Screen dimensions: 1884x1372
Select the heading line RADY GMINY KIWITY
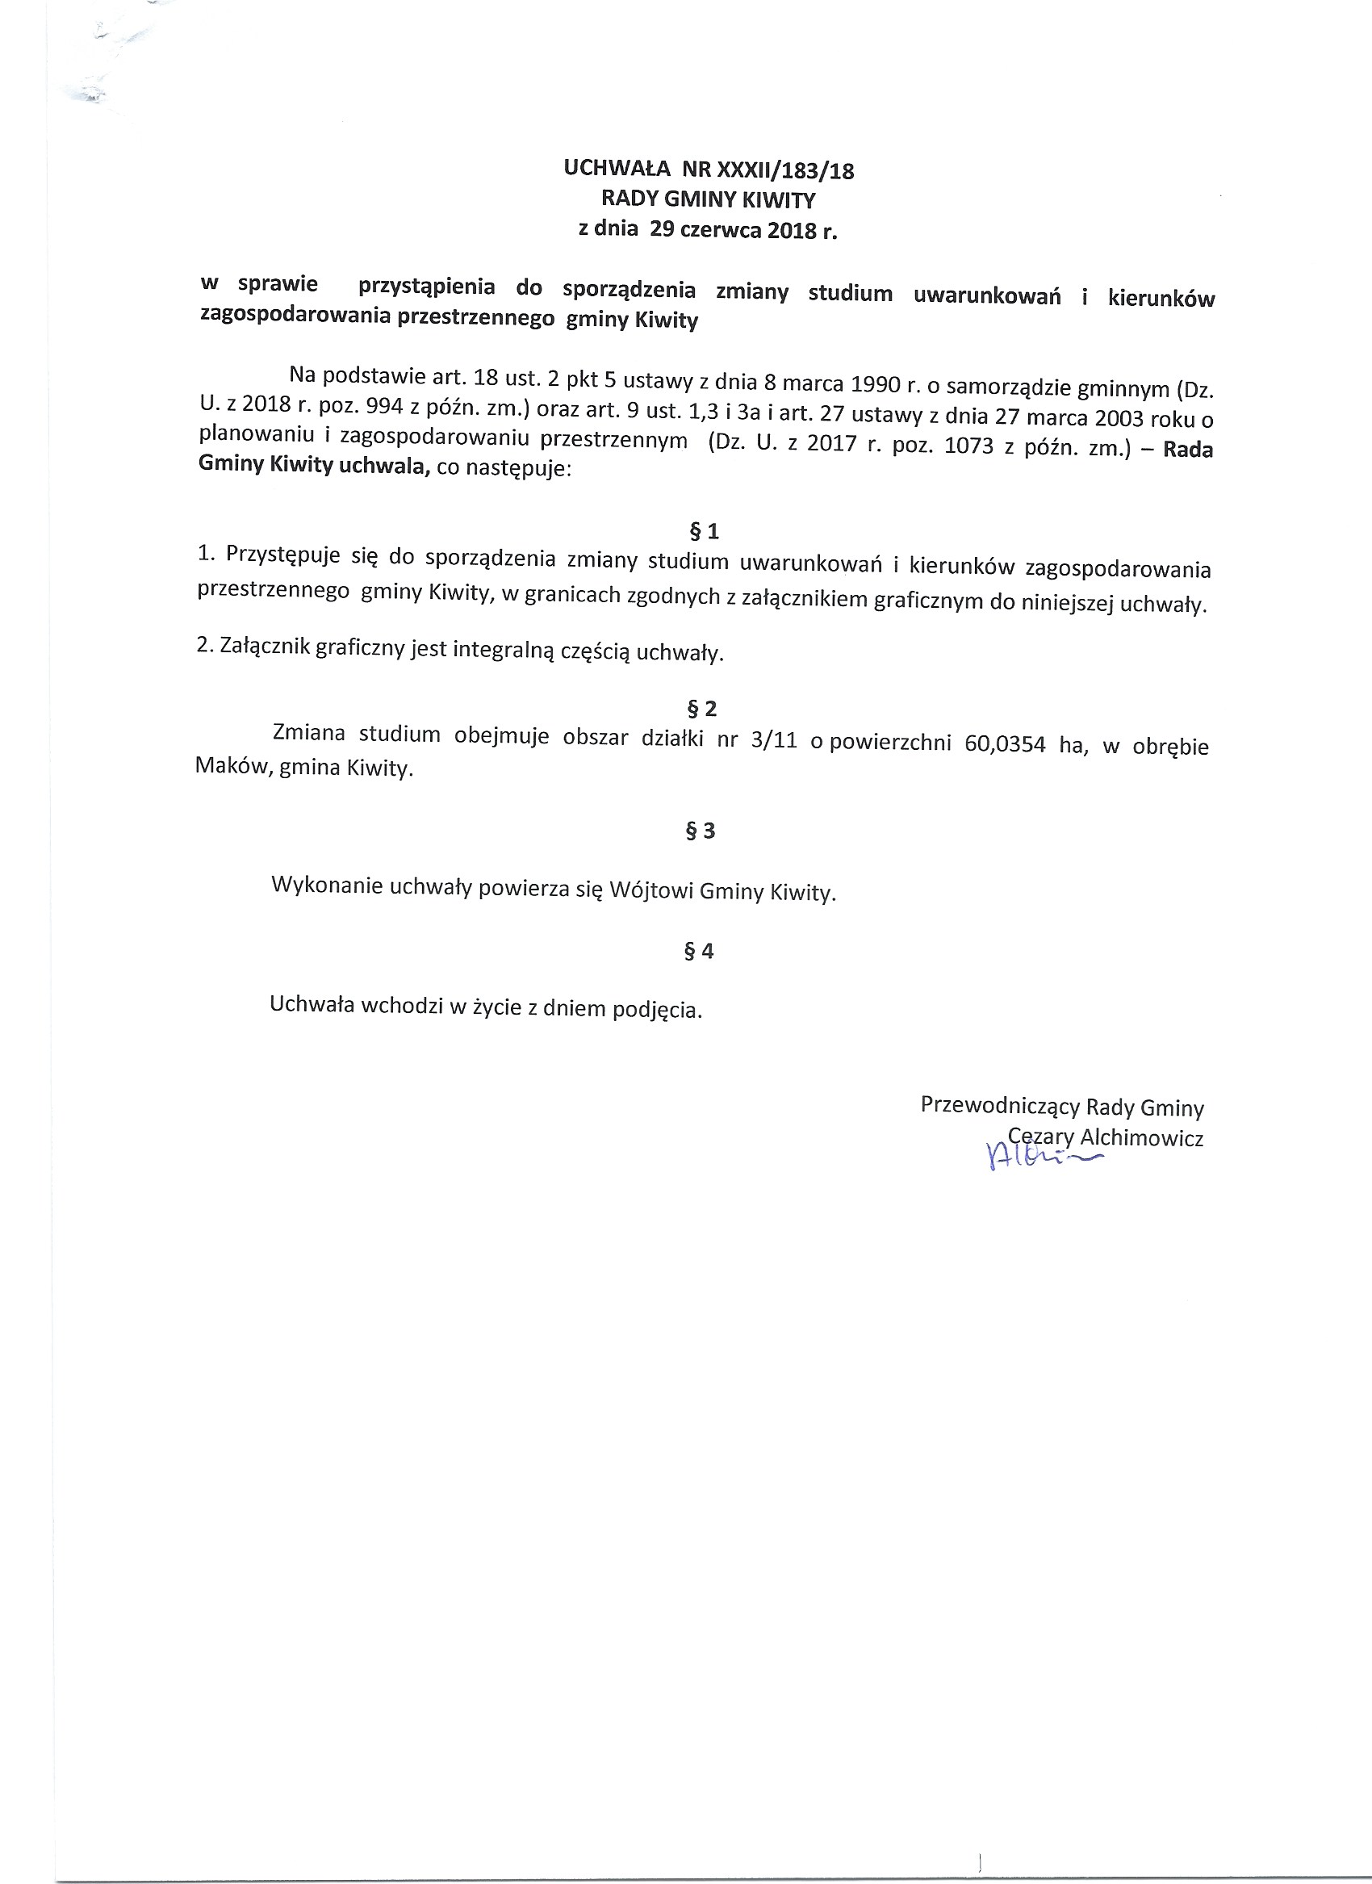click(x=709, y=200)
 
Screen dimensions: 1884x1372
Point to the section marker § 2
click(x=702, y=709)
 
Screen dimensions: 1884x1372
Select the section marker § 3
click(x=700, y=831)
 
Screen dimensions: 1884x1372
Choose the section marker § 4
click(x=699, y=951)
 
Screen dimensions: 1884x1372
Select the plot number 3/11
click(x=773, y=740)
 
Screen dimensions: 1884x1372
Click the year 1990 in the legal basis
click(x=876, y=384)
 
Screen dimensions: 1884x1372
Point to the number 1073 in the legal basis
click(x=968, y=446)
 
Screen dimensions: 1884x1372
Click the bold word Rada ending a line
click(x=1188, y=450)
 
